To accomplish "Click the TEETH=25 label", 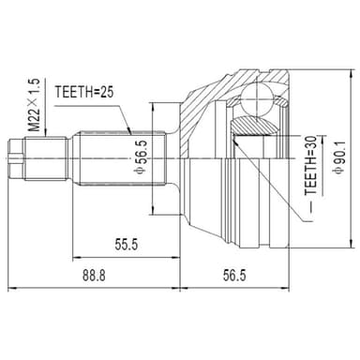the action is pyautogui.click(x=83, y=92).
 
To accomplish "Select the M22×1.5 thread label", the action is pyautogui.click(x=35, y=105).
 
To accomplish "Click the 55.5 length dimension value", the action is pyautogui.click(x=127, y=245).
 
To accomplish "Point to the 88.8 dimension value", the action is pyautogui.click(x=94, y=276).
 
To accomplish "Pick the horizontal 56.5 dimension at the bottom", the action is pyautogui.click(x=234, y=276).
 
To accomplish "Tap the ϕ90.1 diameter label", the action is pyautogui.click(x=338, y=157).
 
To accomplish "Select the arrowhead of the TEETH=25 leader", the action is pyautogui.click(x=129, y=130).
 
